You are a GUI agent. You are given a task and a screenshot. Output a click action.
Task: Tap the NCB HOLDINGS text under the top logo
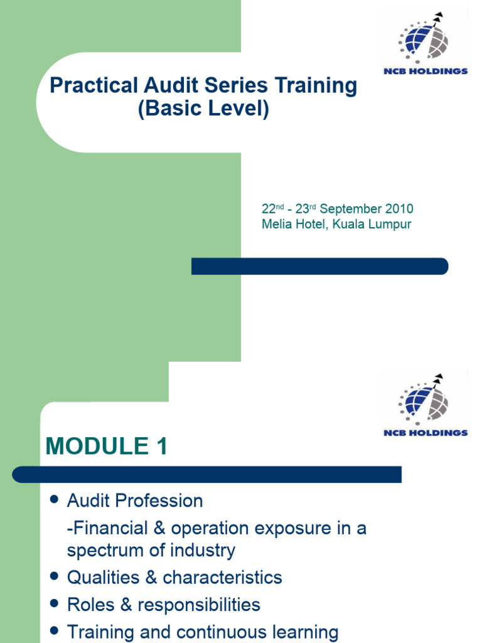pos(426,71)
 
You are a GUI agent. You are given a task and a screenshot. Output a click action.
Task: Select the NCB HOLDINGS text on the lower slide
pos(426,433)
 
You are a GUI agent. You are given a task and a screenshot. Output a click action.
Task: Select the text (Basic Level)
pos(203,109)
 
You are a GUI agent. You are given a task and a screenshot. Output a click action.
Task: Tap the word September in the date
pos(350,209)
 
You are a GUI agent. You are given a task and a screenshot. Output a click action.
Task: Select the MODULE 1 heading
pos(107,446)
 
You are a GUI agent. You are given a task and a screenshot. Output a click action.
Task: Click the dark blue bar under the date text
pos(319,266)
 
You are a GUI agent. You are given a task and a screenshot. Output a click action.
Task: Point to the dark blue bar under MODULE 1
pos(207,474)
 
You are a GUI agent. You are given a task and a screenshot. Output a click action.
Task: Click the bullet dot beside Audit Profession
pos(54,500)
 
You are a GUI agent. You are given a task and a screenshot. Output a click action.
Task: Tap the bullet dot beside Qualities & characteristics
pos(54,576)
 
